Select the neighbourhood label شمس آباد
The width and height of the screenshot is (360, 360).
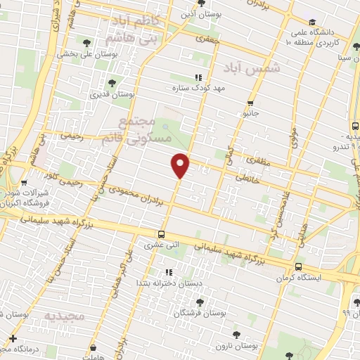pyautogui.click(x=251, y=68)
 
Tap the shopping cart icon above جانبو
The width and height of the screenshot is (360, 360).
pyautogui.click(x=250, y=103)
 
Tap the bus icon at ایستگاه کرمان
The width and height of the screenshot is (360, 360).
pyautogui.click(x=300, y=266)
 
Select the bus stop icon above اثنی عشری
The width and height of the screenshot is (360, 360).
pyautogui.click(x=162, y=234)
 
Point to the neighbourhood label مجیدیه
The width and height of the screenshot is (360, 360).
pyautogui.click(x=64, y=316)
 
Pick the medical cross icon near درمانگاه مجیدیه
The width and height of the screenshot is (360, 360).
pyautogui.click(x=13, y=340)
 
